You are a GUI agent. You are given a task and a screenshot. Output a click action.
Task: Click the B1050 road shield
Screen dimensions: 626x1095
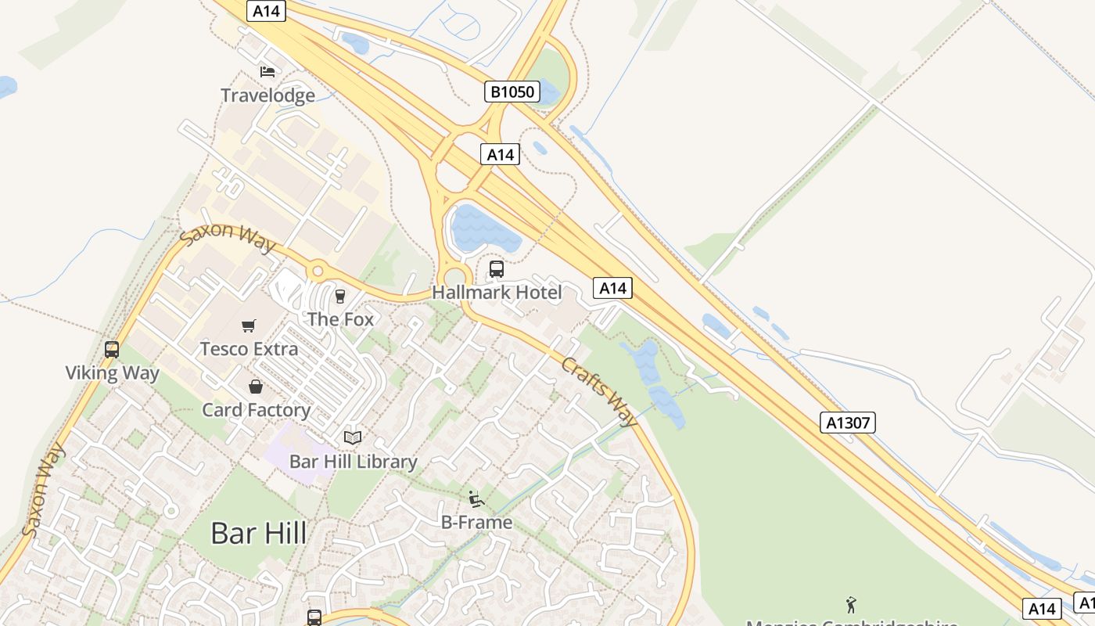(512, 92)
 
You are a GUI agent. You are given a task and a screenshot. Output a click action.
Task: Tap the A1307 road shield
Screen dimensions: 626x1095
(849, 423)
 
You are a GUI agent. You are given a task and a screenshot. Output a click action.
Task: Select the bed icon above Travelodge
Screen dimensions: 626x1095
(267, 72)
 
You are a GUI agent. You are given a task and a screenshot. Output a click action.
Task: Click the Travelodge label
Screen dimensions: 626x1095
(267, 95)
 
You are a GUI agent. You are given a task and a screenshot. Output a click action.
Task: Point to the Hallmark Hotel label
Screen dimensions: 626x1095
(497, 293)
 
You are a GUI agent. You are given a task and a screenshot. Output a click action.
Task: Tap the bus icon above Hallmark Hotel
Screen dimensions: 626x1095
(497, 270)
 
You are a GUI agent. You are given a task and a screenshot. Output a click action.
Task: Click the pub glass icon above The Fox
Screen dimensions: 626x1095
(340, 297)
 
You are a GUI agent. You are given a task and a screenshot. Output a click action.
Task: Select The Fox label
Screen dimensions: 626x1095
(340, 319)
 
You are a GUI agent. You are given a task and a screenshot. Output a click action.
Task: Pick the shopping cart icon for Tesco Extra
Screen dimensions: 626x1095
(249, 326)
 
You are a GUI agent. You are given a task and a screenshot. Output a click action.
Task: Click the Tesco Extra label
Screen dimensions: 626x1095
(249, 349)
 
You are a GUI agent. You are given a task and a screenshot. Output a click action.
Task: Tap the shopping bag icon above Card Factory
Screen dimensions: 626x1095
(256, 387)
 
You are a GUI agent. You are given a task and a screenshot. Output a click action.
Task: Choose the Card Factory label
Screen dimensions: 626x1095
(256, 410)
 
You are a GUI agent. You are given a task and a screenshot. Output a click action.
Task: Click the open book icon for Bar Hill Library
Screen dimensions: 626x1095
(353, 438)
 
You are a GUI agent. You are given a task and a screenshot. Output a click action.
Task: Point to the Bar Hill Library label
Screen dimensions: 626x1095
(353, 462)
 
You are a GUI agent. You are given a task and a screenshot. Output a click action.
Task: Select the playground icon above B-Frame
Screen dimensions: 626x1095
(476, 499)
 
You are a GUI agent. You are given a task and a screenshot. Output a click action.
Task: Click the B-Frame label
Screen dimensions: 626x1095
(476, 523)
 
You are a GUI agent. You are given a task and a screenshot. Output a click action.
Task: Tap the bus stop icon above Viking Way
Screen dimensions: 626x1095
(112, 350)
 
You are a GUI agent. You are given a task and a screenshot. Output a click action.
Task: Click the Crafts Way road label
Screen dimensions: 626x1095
(600, 392)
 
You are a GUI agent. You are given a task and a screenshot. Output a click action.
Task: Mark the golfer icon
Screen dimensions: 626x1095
(851, 605)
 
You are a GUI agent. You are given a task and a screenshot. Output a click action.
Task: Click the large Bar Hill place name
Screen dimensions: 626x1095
(258, 533)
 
